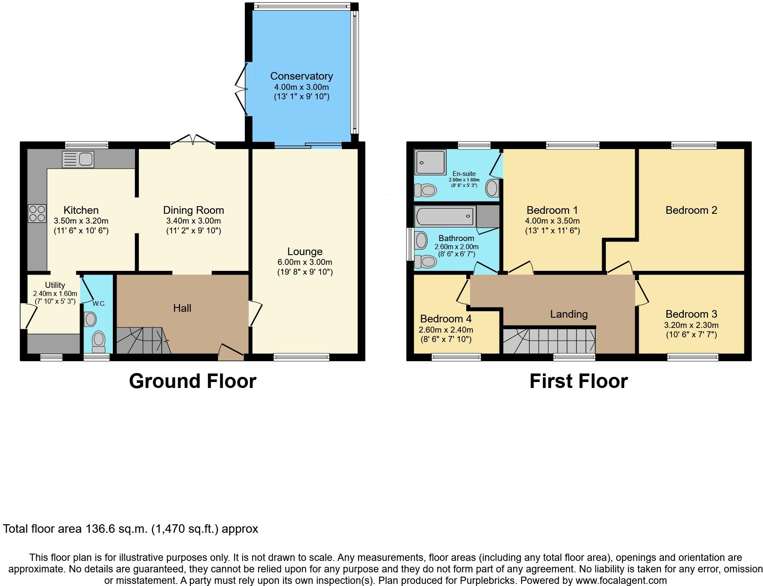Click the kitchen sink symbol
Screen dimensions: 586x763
coord(78,159)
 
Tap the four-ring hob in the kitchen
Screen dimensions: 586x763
coord(37,214)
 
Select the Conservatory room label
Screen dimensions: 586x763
coord(301,76)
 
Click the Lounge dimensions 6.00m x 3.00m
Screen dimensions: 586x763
coord(304,262)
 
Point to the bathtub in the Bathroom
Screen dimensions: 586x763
coord(445,216)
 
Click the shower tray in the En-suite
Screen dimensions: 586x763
coord(430,162)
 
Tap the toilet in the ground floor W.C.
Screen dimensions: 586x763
coord(98,341)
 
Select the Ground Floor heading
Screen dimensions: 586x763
coord(192,381)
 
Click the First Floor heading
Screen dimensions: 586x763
coord(578,381)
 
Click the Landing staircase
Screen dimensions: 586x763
coord(549,341)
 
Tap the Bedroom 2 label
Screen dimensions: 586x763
coord(691,210)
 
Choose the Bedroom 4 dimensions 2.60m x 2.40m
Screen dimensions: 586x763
coord(446,330)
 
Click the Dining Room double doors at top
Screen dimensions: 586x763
coord(193,140)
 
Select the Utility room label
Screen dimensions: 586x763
coord(55,285)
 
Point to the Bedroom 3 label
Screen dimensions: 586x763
coord(691,314)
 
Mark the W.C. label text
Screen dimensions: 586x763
coord(99,304)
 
